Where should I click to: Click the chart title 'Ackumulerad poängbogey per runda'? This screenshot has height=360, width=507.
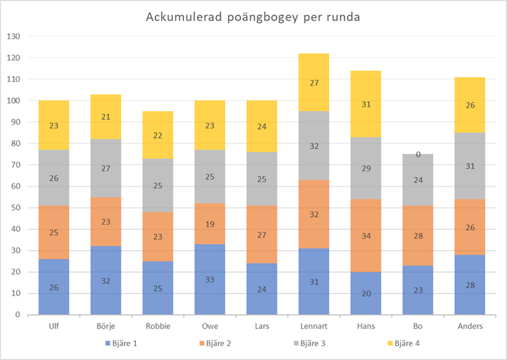tap(253, 17)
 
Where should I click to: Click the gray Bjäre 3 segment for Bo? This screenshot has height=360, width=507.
tap(418, 180)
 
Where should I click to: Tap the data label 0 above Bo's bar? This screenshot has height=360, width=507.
tap(418, 154)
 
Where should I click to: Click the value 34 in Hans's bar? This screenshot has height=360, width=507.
tap(365, 236)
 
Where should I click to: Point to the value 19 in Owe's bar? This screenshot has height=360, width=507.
tap(210, 225)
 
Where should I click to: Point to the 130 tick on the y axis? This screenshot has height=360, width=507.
tap(12, 36)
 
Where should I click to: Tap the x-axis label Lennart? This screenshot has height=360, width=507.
tap(313, 327)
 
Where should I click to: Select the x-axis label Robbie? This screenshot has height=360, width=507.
tap(158, 327)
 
